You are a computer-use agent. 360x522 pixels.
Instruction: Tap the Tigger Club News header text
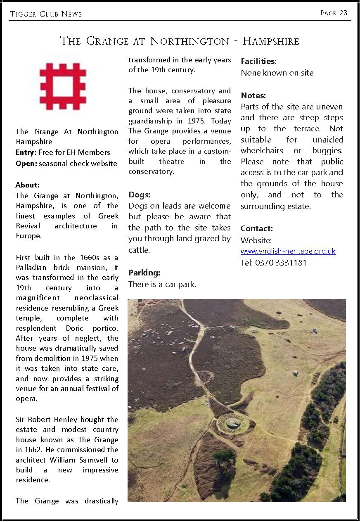pyautogui.click(x=46, y=14)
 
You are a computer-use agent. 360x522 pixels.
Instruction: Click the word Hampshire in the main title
pyautogui.click(x=270, y=41)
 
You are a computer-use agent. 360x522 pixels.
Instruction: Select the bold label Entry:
pyautogui.click(x=26, y=152)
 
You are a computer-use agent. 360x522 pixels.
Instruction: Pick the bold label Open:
pyautogui.click(x=26, y=163)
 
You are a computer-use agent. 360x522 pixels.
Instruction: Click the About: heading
pyautogui.click(x=28, y=185)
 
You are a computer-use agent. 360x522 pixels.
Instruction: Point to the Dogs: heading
pyautogui.click(x=139, y=195)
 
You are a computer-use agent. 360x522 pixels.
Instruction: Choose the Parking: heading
pyautogui.click(x=144, y=273)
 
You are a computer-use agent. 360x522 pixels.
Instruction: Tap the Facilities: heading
pyautogui.click(x=258, y=62)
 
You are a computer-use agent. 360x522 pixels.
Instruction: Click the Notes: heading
pyautogui.click(x=253, y=96)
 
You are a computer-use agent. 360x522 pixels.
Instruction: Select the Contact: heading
pyautogui.click(x=257, y=228)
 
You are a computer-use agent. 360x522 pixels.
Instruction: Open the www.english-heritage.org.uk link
pyautogui.click(x=288, y=251)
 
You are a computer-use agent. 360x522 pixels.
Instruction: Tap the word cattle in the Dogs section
pyautogui.click(x=139, y=250)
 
